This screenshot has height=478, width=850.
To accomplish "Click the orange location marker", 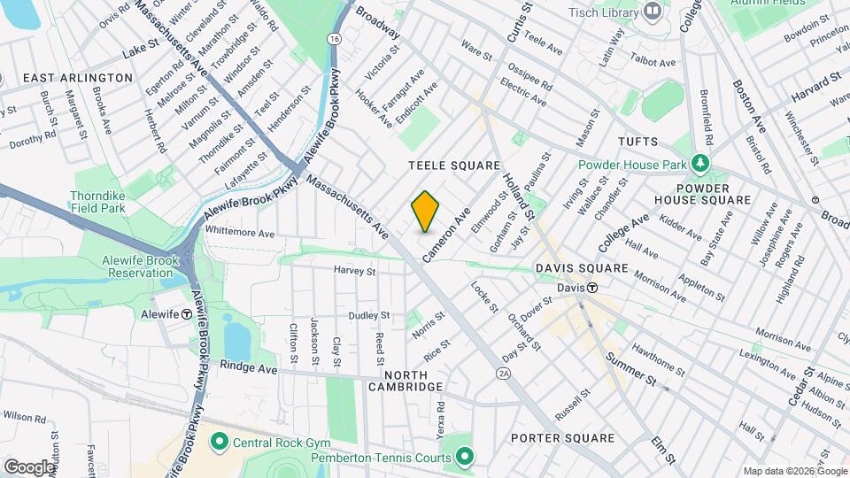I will point(426,212).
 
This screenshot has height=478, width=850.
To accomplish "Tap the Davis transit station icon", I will point(592,288).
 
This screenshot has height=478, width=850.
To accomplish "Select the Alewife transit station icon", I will point(187,313).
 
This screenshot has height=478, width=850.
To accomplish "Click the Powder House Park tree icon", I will point(700,164).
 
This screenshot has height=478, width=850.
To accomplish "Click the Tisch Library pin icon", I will point(653,11).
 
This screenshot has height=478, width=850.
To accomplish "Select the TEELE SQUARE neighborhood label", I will point(454,166).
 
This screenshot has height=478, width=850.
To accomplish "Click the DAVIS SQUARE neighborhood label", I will point(582,268).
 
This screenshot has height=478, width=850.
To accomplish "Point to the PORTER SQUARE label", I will point(562,438).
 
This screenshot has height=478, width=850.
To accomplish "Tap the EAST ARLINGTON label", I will point(78,78).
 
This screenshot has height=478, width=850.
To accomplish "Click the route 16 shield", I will point(332,40).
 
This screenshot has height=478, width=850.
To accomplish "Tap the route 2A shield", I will point(504,374).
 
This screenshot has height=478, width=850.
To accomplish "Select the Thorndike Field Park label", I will point(99,202).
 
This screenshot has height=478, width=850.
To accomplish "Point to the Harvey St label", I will point(355,270).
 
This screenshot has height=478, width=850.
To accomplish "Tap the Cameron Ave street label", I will point(445,235).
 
